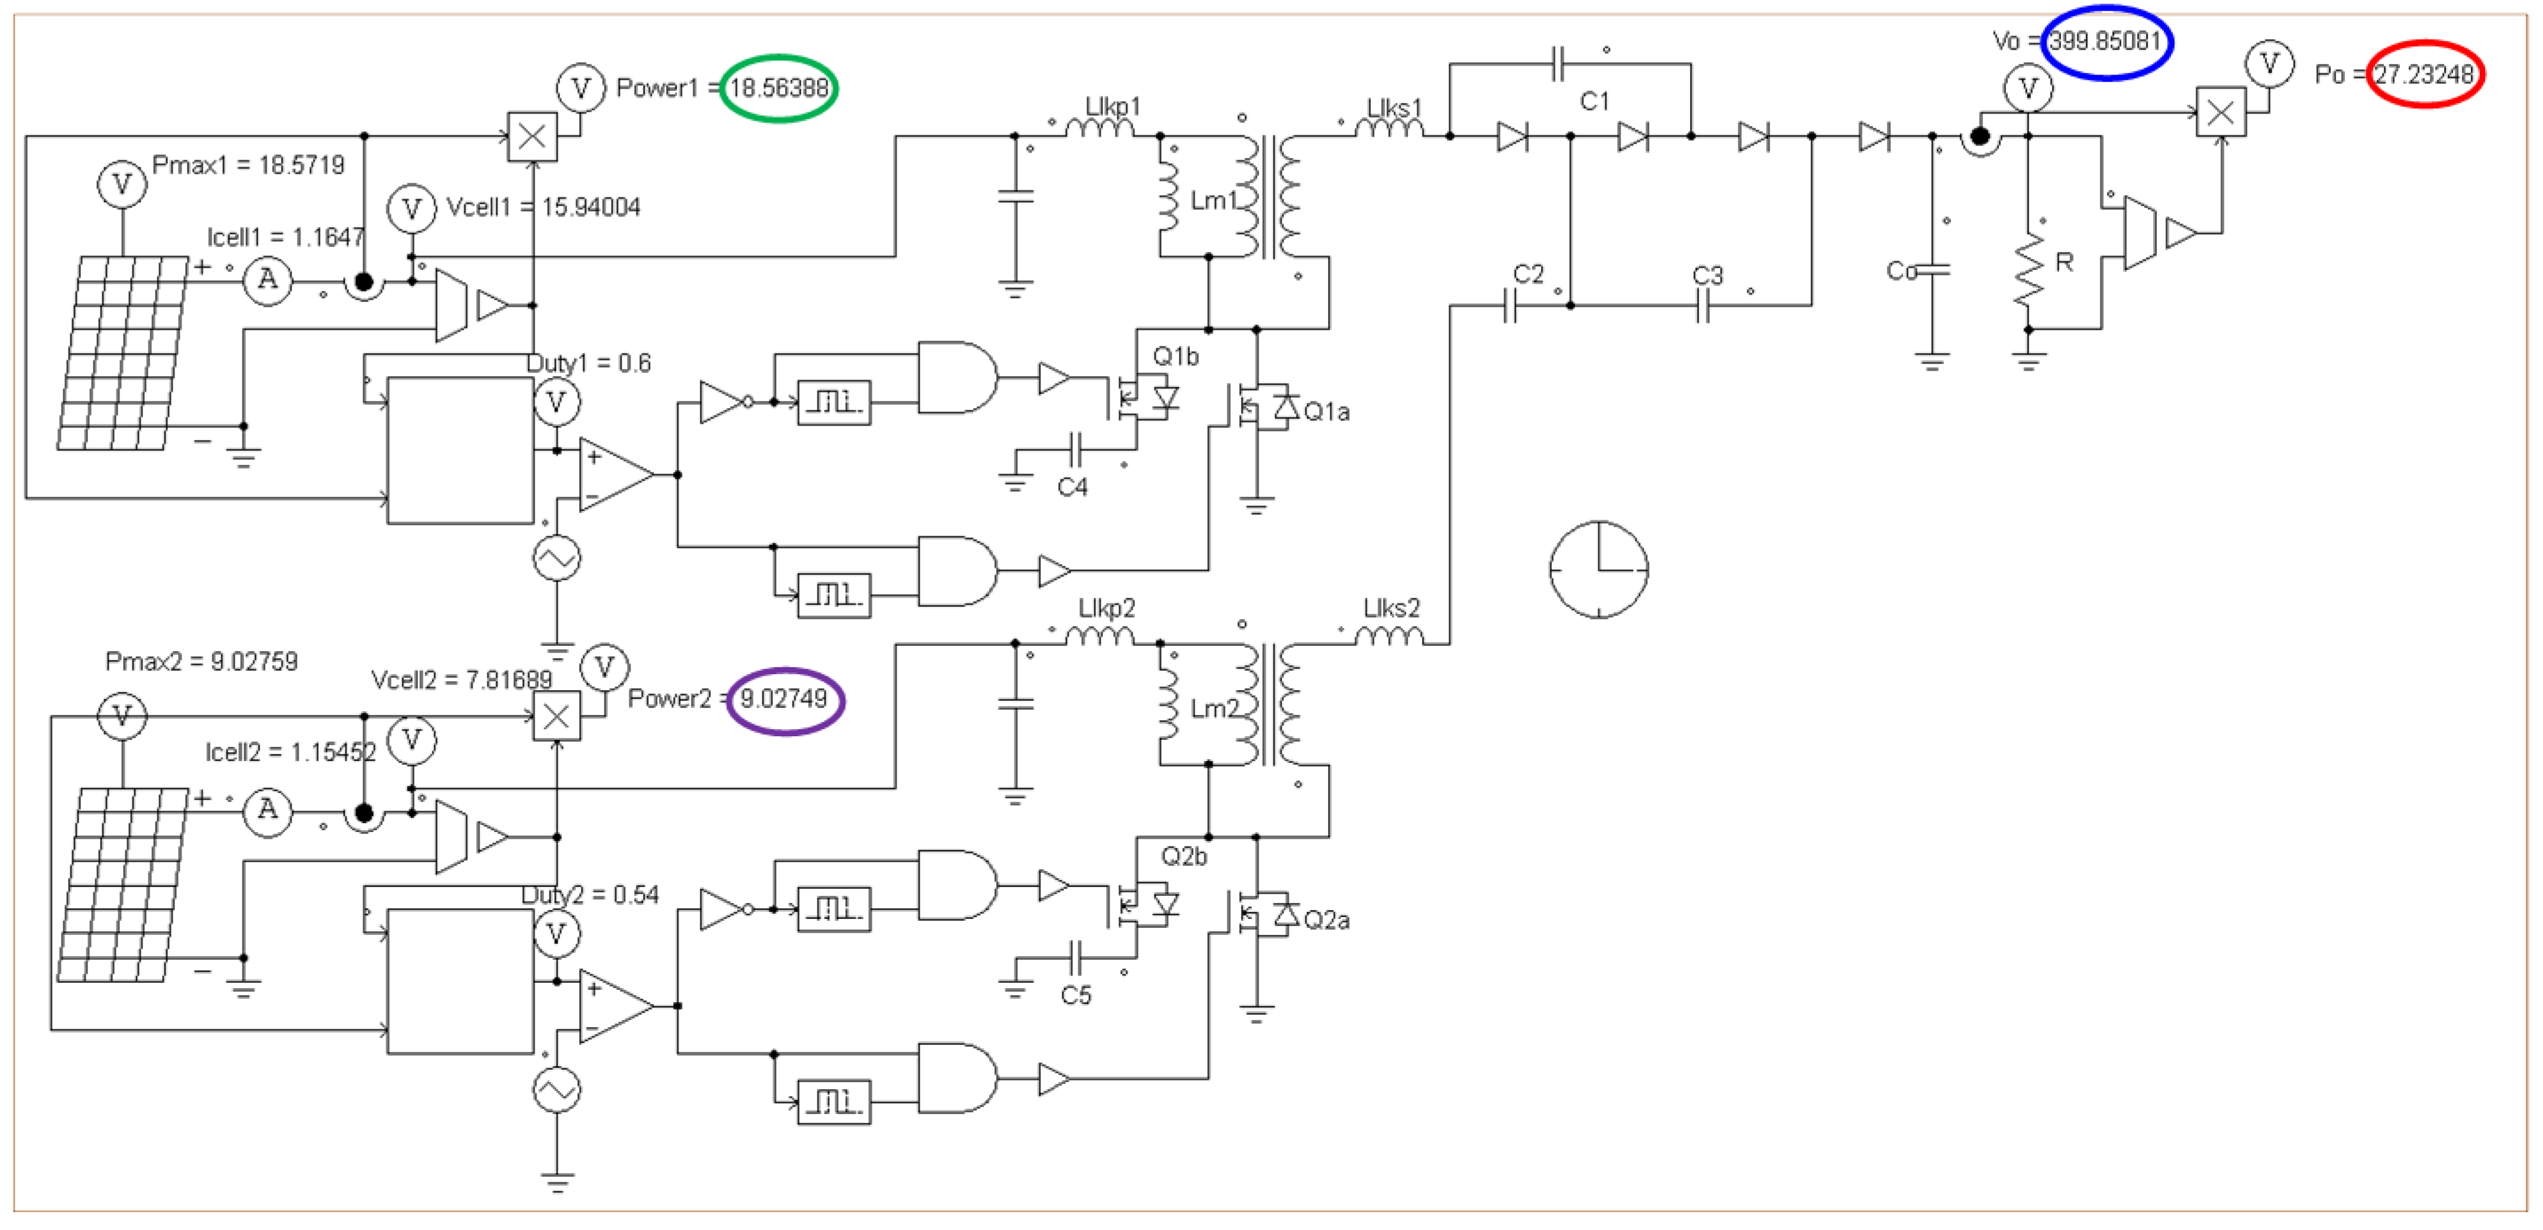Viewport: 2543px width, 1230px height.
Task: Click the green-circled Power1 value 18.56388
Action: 779,88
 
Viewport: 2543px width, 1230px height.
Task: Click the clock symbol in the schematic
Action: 1598,569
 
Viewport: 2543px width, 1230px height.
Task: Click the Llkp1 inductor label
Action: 1113,106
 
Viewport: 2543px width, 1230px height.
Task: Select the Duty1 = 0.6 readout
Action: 589,363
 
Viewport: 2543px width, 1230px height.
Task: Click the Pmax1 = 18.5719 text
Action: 248,165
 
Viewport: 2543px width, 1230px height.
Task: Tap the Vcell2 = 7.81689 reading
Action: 461,679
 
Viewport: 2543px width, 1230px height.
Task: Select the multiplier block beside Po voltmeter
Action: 2220,112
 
